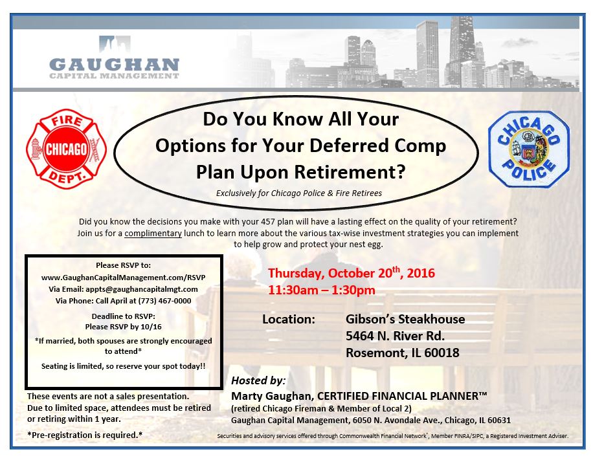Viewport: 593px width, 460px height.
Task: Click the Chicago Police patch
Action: [x=529, y=149]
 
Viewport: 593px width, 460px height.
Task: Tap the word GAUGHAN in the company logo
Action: [x=114, y=65]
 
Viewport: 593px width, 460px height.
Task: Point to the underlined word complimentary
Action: [x=153, y=233]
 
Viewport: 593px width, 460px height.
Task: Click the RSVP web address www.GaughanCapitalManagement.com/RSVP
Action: [x=123, y=277]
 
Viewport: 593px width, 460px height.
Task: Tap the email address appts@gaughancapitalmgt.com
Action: [x=144, y=289]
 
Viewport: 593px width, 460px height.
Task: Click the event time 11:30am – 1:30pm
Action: [x=322, y=290]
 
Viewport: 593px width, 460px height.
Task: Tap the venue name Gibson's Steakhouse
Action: [x=405, y=320]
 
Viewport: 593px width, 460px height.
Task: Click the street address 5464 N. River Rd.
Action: [x=395, y=336]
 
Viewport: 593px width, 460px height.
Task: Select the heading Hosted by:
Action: [x=258, y=380]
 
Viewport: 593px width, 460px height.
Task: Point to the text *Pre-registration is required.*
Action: [x=85, y=434]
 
